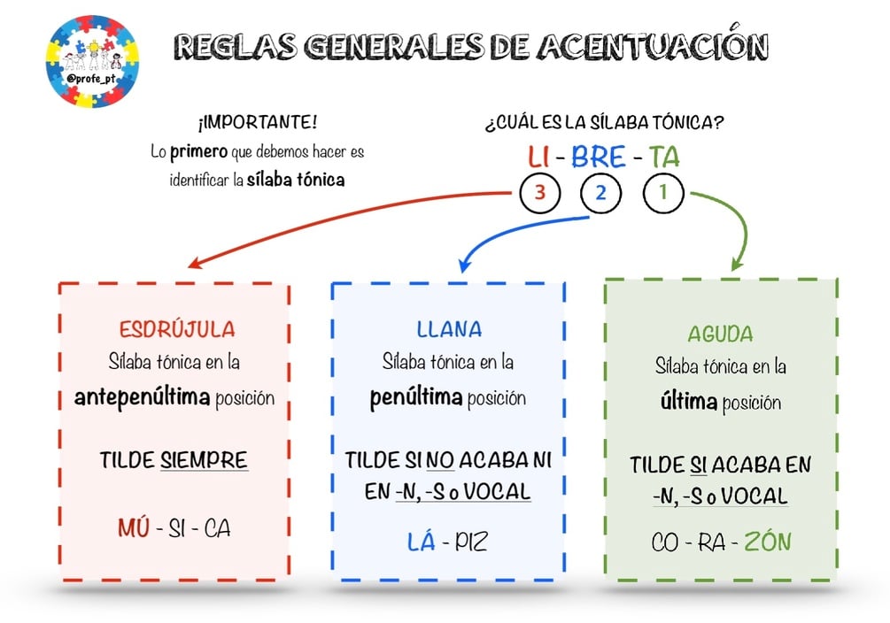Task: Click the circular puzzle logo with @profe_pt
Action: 92,61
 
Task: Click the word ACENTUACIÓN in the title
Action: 653,44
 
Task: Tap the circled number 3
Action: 540,193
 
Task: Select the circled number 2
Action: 600,193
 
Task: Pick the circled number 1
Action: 663,193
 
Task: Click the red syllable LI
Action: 538,157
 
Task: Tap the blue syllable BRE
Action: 599,157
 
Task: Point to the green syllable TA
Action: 664,157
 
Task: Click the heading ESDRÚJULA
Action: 177,329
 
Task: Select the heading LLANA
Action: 449,329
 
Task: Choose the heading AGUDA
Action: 720,334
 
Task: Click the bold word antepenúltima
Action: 142,397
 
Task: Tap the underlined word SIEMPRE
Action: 204,459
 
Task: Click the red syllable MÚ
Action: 134,527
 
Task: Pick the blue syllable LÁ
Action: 422,542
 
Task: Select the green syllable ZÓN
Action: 768,541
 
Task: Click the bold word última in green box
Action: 689,402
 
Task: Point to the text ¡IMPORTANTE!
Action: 257,122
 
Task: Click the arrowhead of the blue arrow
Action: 464,265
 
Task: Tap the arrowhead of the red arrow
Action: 195,263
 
